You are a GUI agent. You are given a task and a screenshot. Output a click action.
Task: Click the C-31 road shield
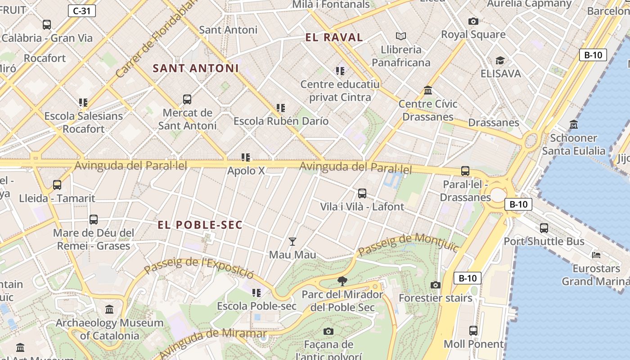(x=82, y=11)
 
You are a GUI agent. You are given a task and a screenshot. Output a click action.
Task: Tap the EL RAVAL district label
(x=334, y=37)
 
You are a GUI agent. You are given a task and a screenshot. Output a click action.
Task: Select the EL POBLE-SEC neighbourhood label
(x=200, y=225)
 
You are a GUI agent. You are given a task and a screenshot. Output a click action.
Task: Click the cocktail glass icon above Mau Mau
(x=292, y=242)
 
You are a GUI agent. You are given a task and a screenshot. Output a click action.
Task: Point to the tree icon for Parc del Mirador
(x=342, y=282)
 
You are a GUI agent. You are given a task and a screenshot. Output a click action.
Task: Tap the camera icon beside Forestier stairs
(x=435, y=285)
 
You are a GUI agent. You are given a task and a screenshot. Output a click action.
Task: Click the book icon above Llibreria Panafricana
(x=400, y=36)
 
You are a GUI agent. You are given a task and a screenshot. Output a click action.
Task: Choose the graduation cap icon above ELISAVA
(x=500, y=60)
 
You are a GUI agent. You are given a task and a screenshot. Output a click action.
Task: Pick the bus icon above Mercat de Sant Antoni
(x=187, y=99)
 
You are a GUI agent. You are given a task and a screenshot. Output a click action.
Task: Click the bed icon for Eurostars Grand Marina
(x=596, y=255)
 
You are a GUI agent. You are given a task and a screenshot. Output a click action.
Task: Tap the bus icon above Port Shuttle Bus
(x=544, y=228)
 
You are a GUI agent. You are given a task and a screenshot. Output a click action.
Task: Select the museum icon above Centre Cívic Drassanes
(x=428, y=90)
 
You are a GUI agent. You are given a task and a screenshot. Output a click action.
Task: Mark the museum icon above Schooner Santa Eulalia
(x=574, y=125)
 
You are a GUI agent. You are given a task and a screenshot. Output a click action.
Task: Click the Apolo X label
(x=246, y=171)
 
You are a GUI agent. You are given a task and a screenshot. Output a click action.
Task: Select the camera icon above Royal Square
(x=473, y=21)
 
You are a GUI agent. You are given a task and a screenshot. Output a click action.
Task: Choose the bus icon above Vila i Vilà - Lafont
(x=362, y=193)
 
